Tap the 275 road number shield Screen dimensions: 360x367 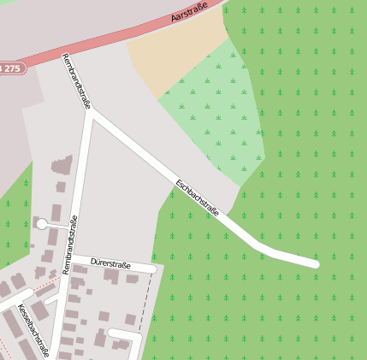tap(9, 67)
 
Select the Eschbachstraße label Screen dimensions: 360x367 tap(198, 198)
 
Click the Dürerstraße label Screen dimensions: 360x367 tap(109, 259)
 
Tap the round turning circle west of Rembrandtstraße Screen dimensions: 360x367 tap(41, 224)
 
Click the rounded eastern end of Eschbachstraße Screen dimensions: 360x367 tap(314, 264)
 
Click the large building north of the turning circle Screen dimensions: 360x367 tap(62, 166)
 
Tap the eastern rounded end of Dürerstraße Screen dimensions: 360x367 tap(153, 269)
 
